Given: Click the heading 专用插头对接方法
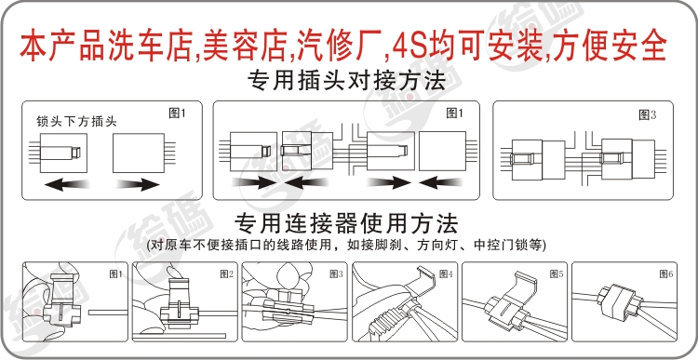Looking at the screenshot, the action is coord(346,82).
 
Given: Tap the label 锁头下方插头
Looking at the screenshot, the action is coord(77,122).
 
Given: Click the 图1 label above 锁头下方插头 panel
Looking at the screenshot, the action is coord(177,113).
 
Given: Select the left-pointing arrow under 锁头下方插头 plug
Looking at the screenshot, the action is coord(67,184).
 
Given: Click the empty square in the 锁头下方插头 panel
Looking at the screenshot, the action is coord(139,153).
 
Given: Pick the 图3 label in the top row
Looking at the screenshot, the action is coord(647,115).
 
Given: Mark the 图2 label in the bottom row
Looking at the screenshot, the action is coord(226,274).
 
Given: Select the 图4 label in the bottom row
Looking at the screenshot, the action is coord(446,274).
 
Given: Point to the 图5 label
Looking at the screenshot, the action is coord(557,273).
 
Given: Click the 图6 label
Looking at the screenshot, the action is coord(666,273).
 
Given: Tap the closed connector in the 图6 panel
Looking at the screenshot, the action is coord(619,301).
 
